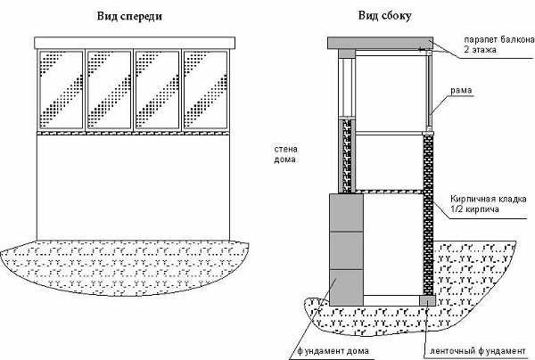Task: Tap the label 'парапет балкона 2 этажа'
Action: (498, 45)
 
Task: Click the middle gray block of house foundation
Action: (347, 251)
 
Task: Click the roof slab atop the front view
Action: (134, 42)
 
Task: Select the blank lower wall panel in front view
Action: (134, 183)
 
